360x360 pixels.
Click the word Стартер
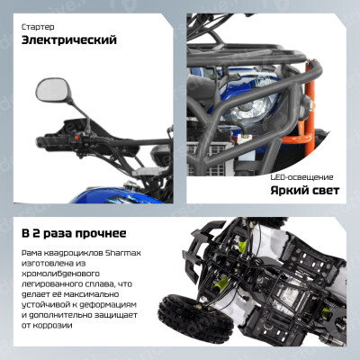pyautogui.click(x=38, y=27)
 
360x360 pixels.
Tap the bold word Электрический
pyautogui.click(x=69, y=40)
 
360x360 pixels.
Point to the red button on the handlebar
pyautogui.click(x=76, y=138)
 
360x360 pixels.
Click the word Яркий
pyautogui.click(x=288, y=191)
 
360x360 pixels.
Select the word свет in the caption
pyautogui.click(x=324, y=191)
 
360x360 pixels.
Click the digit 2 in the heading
pyautogui.click(x=36, y=233)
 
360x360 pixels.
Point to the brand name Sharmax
pyautogui.click(x=123, y=253)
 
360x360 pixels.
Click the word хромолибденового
pyautogui.click(x=60, y=274)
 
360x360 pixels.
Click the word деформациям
pyautogui.click(x=107, y=305)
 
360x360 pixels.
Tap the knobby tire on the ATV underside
pyautogui.click(x=195, y=319)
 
